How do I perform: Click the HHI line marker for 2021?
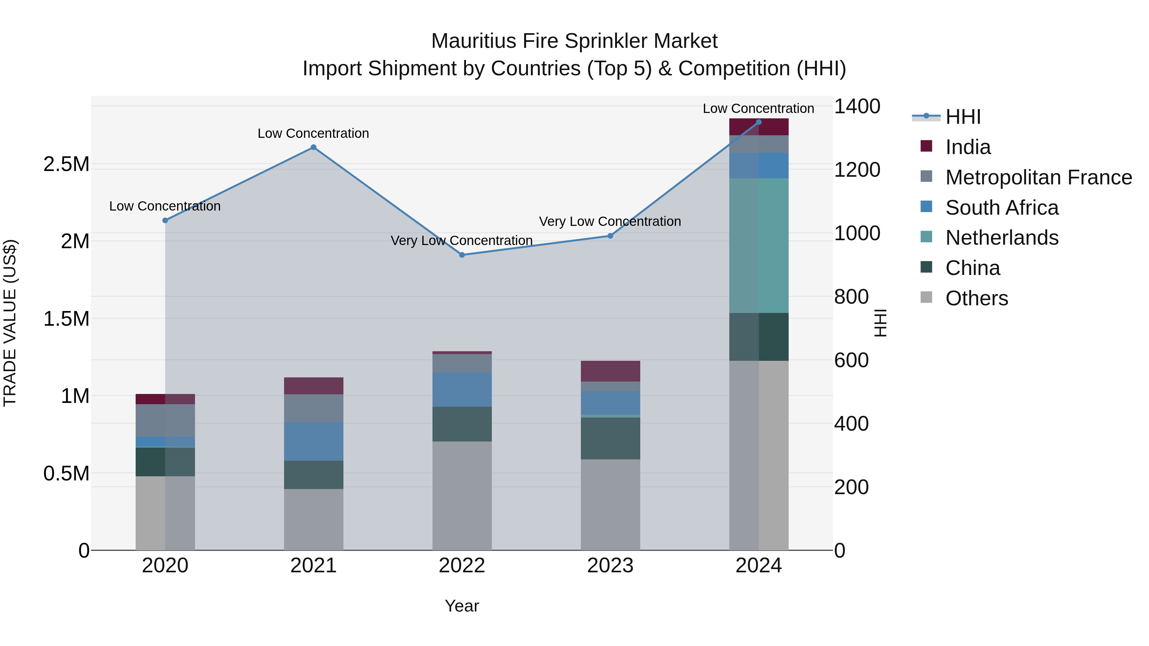coord(313,147)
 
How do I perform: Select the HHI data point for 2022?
coord(462,255)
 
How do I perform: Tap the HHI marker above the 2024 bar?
coord(759,122)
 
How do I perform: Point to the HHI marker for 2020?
coord(165,220)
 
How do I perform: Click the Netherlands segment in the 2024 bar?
coord(759,245)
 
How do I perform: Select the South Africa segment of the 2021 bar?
coord(313,442)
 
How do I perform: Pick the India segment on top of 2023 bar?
coord(610,371)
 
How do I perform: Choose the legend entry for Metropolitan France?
coord(1038,177)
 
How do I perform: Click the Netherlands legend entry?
coord(1002,238)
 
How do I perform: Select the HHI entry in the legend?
coord(963,117)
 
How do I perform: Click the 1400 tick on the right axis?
coord(857,107)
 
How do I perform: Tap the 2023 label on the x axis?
coord(610,566)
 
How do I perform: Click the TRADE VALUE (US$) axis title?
coord(10,323)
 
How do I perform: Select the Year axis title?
coord(462,606)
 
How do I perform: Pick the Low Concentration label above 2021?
coord(313,133)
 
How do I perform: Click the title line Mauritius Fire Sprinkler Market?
coord(574,41)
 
